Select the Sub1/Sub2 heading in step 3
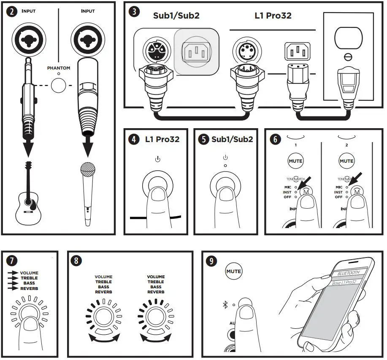[x=176, y=16]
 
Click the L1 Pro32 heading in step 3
[x=273, y=16]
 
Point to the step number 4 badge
[x=134, y=139]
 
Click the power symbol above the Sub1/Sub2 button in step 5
[x=225, y=158]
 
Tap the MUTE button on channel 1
[x=295, y=161]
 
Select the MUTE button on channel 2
[x=346, y=161]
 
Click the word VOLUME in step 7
[x=29, y=273]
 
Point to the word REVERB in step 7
[x=29, y=289]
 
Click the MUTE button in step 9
[x=233, y=271]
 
